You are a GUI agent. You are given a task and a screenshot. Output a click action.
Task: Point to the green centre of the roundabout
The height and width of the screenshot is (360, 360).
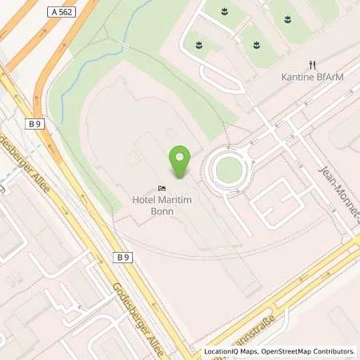tap(229, 169)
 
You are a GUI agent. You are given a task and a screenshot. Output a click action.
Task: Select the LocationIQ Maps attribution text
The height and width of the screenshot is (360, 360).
tap(232, 351)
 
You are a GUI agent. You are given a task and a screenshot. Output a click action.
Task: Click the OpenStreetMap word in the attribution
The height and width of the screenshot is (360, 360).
tap(289, 351)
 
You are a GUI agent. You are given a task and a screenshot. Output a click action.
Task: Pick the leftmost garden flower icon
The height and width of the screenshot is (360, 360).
tap(198, 43)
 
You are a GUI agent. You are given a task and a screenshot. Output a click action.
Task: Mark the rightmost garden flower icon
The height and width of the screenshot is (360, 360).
tap(283, 17)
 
